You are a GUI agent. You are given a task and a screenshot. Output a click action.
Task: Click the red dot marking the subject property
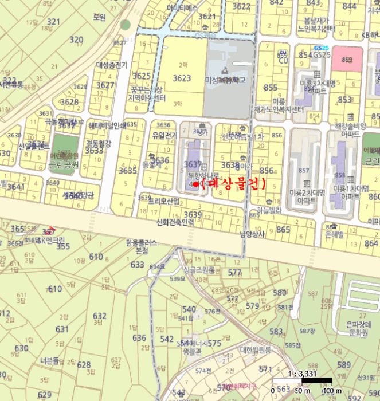coord(195,185)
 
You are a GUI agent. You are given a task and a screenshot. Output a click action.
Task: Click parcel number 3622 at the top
coord(241,6)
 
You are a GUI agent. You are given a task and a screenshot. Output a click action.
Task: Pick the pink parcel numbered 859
coord(347,59)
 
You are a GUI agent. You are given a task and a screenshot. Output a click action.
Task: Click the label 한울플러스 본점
coord(141,247)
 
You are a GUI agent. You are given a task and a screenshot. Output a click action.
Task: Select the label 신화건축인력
coord(175,223)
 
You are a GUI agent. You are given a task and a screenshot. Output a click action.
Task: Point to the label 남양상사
coord(253,234)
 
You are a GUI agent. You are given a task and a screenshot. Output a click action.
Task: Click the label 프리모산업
coord(164,202)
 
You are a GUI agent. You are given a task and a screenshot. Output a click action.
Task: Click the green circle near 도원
coord(126,24)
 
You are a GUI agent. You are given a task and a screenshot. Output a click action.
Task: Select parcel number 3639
coord(193,215)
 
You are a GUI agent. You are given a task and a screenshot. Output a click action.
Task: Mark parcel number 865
coord(283,229)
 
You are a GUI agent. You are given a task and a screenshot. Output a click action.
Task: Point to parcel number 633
coord(138,265)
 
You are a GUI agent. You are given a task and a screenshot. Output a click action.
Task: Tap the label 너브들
coord(50,361)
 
